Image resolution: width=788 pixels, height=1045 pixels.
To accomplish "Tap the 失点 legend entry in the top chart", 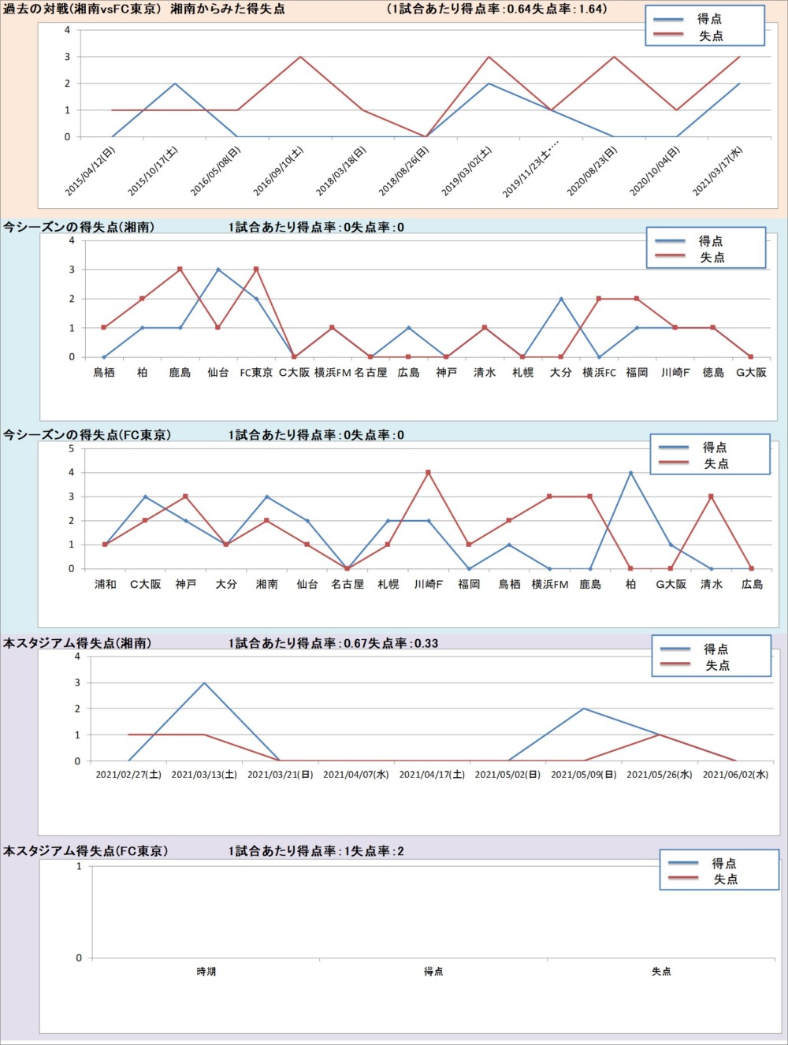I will click(x=710, y=36).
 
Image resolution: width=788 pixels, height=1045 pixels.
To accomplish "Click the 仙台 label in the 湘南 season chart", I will click(x=217, y=373).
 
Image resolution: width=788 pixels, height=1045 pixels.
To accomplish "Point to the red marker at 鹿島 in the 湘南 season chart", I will click(x=180, y=270).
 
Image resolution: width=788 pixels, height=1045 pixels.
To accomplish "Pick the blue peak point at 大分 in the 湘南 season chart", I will click(x=561, y=299).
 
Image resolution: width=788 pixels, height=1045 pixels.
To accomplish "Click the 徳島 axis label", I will click(x=713, y=373).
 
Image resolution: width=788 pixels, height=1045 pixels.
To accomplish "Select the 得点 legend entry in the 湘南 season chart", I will click(x=710, y=241).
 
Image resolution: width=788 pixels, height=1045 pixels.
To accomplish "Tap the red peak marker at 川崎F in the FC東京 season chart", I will click(x=429, y=473).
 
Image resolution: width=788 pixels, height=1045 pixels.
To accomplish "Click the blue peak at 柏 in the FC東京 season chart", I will click(x=630, y=473).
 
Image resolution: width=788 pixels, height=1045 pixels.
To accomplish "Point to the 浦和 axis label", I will click(x=105, y=585).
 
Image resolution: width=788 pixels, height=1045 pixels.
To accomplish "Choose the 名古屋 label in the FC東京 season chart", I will click(x=348, y=585).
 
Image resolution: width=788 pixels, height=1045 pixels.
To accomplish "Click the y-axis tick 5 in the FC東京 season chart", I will click(x=72, y=448).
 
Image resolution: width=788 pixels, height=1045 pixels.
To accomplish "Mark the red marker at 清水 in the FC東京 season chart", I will click(x=712, y=496).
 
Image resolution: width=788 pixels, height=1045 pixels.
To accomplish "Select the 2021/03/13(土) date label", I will click(x=204, y=775).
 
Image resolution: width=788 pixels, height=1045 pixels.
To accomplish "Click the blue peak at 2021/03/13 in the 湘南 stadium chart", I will click(x=204, y=682).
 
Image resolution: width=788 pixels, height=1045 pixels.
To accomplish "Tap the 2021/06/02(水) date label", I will click(x=735, y=775).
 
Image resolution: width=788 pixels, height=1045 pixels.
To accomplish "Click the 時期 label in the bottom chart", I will click(x=206, y=972).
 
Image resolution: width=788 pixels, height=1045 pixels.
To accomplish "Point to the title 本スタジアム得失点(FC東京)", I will click(x=85, y=851).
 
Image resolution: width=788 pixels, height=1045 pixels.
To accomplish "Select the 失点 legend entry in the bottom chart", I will click(x=725, y=880).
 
